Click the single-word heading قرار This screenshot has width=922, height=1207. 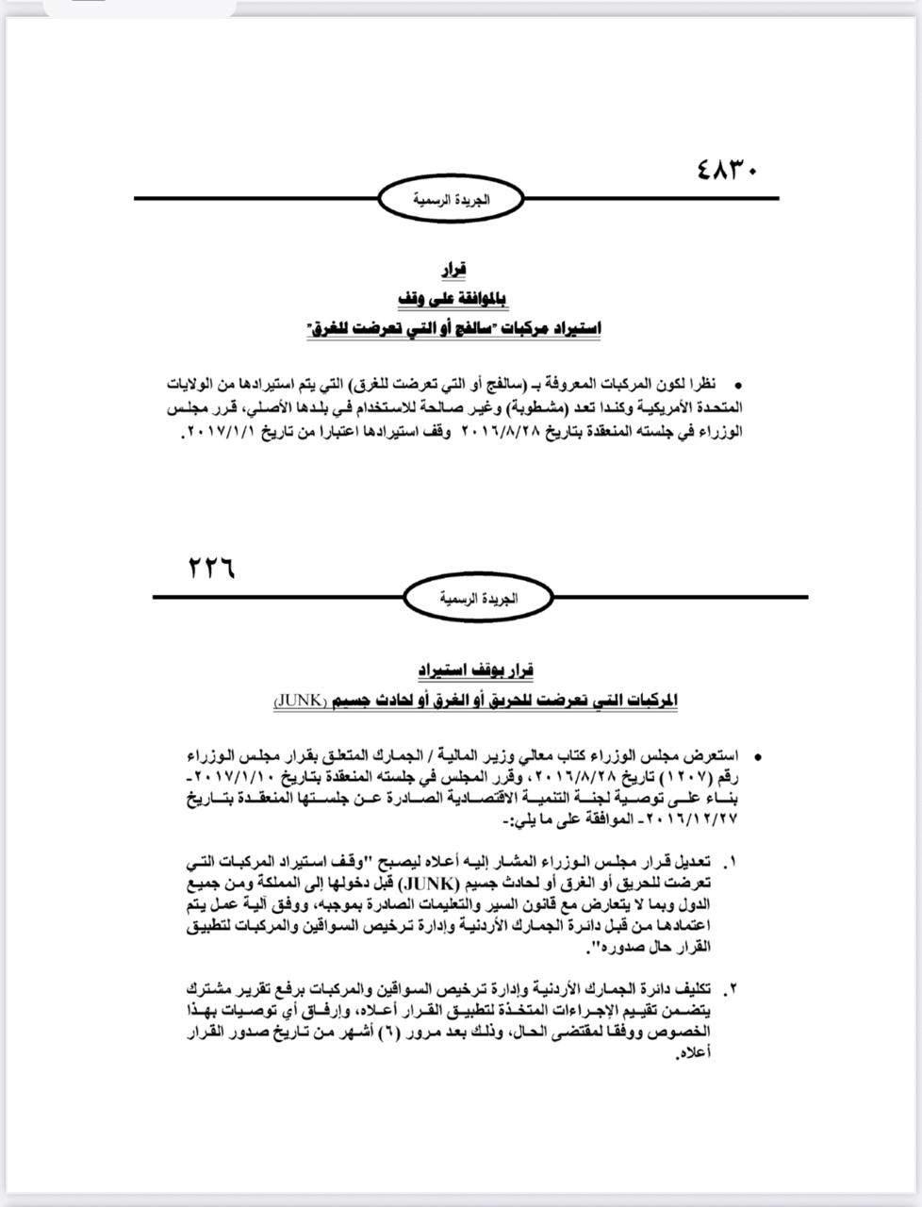pyautogui.click(x=456, y=271)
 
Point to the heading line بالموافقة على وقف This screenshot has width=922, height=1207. pyautogui.click(x=455, y=300)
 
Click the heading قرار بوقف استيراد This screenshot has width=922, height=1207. pyautogui.click(x=476, y=670)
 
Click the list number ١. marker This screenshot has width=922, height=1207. pyautogui.click(x=732, y=863)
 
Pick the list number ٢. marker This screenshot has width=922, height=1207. pyautogui.click(x=732, y=989)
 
